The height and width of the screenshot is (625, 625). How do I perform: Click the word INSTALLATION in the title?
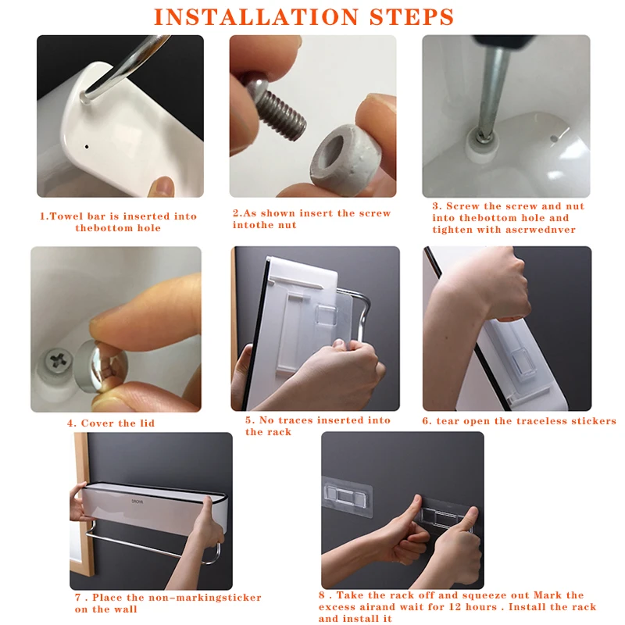[x=256, y=16]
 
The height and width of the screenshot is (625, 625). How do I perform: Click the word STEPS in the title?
[x=412, y=16]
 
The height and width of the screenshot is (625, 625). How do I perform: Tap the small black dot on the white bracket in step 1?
[x=87, y=147]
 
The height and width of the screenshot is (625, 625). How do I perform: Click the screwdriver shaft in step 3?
[x=492, y=91]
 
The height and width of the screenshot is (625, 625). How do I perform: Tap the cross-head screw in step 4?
[x=56, y=361]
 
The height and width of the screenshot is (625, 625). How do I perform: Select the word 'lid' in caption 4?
[x=147, y=423]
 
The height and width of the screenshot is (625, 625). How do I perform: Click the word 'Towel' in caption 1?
[x=66, y=216]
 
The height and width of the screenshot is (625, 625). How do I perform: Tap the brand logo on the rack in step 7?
[x=137, y=502]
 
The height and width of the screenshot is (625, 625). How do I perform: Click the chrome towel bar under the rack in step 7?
[x=152, y=545]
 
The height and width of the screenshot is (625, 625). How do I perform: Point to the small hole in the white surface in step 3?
[x=554, y=139]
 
